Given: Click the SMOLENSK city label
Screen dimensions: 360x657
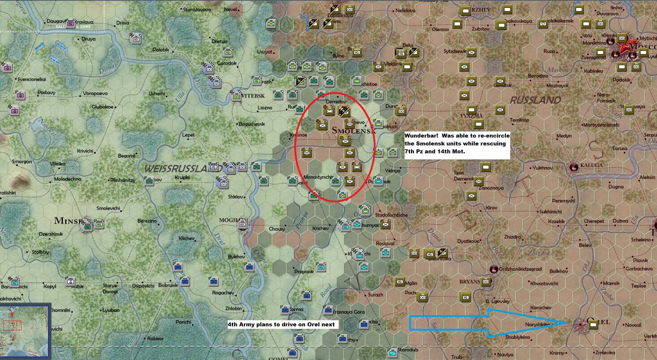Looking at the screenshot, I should [353, 131].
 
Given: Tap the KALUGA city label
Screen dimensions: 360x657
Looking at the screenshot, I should [591, 165].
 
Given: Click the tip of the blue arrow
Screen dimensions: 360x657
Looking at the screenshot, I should [566, 323].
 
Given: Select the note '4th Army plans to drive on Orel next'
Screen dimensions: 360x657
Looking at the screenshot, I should [281, 325].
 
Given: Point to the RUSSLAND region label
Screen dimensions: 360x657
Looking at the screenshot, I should [536, 100].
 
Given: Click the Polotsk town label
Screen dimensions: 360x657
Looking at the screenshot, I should [161, 50].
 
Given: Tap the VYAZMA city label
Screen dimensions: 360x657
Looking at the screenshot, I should [472, 116].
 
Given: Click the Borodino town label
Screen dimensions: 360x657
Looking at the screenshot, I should [538, 76].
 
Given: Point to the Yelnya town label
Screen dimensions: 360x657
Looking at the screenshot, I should [392, 171].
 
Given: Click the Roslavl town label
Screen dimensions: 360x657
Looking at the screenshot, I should [385, 244].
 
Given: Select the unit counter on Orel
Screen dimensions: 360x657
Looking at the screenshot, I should [593, 325].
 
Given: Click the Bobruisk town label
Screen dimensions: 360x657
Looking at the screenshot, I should [168, 285].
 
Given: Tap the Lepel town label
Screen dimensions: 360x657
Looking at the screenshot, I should [188, 135].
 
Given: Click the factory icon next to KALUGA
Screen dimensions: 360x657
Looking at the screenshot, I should [574, 167].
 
